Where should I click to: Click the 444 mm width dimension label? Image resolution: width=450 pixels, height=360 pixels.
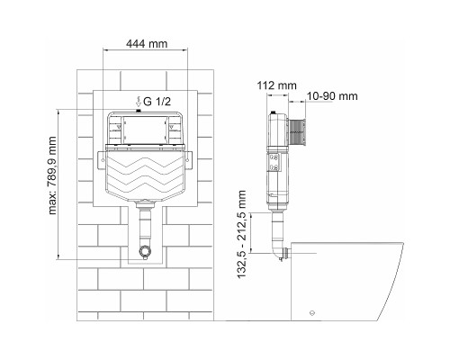[146, 42]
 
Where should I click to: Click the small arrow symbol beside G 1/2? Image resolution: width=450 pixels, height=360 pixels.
[138, 101]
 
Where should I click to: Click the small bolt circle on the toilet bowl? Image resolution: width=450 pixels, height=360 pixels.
[312, 311]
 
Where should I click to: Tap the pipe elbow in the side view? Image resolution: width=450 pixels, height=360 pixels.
[274, 254]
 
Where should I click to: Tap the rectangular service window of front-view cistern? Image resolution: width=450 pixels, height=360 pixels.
[146, 129]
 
